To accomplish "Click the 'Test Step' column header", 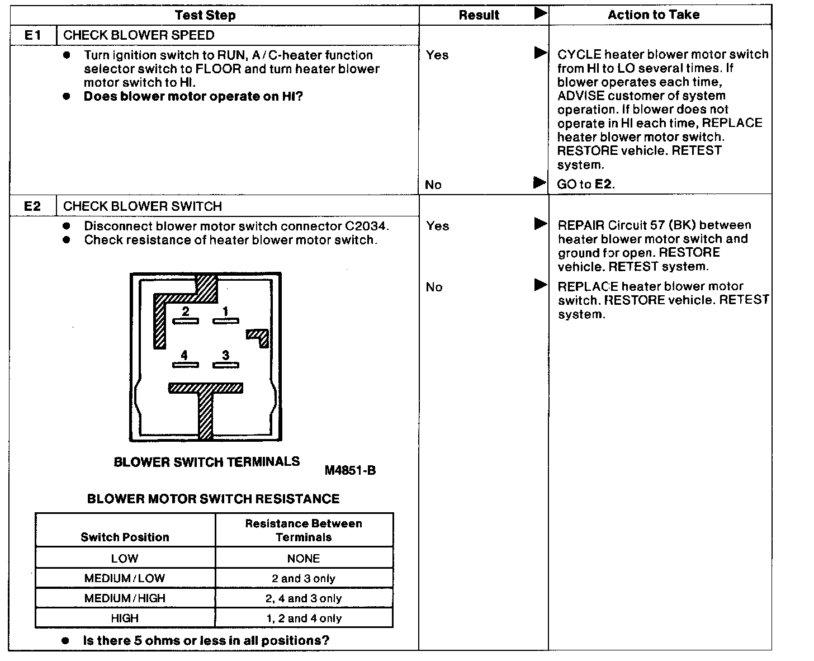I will click(x=205, y=15).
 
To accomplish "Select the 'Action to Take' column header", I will click(x=654, y=15).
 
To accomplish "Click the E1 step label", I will click(x=33, y=35).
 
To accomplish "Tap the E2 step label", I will click(x=33, y=206).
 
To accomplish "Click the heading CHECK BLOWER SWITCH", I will click(x=143, y=206).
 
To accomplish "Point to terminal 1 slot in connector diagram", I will click(x=226, y=321).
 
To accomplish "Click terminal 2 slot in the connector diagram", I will click(x=186, y=321).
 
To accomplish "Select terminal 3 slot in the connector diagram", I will click(x=226, y=365).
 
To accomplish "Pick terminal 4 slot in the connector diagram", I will click(x=186, y=365).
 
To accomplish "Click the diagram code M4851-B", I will click(x=350, y=471).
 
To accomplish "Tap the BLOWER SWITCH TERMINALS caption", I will click(x=207, y=462).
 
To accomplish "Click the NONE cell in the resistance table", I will click(x=304, y=559).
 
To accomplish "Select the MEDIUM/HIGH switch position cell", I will click(x=125, y=598).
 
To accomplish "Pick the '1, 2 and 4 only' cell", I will click(x=304, y=618).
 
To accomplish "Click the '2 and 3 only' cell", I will click(x=304, y=579).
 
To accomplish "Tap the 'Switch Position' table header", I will click(x=125, y=537).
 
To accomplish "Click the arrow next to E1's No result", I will click(x=539, y=183).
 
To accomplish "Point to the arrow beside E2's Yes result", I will click(x=540, y=224).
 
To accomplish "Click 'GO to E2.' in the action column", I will click(x=586, y=185).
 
